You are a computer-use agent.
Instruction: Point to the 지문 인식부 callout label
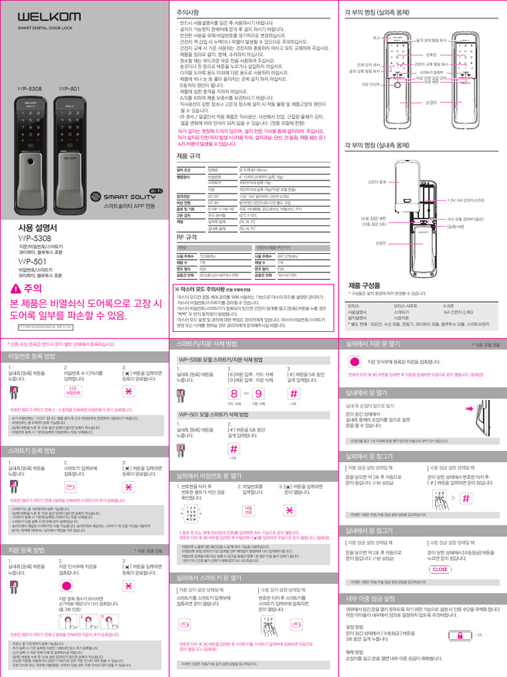coord(370,85)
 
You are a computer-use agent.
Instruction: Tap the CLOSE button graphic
coord(440,569)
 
